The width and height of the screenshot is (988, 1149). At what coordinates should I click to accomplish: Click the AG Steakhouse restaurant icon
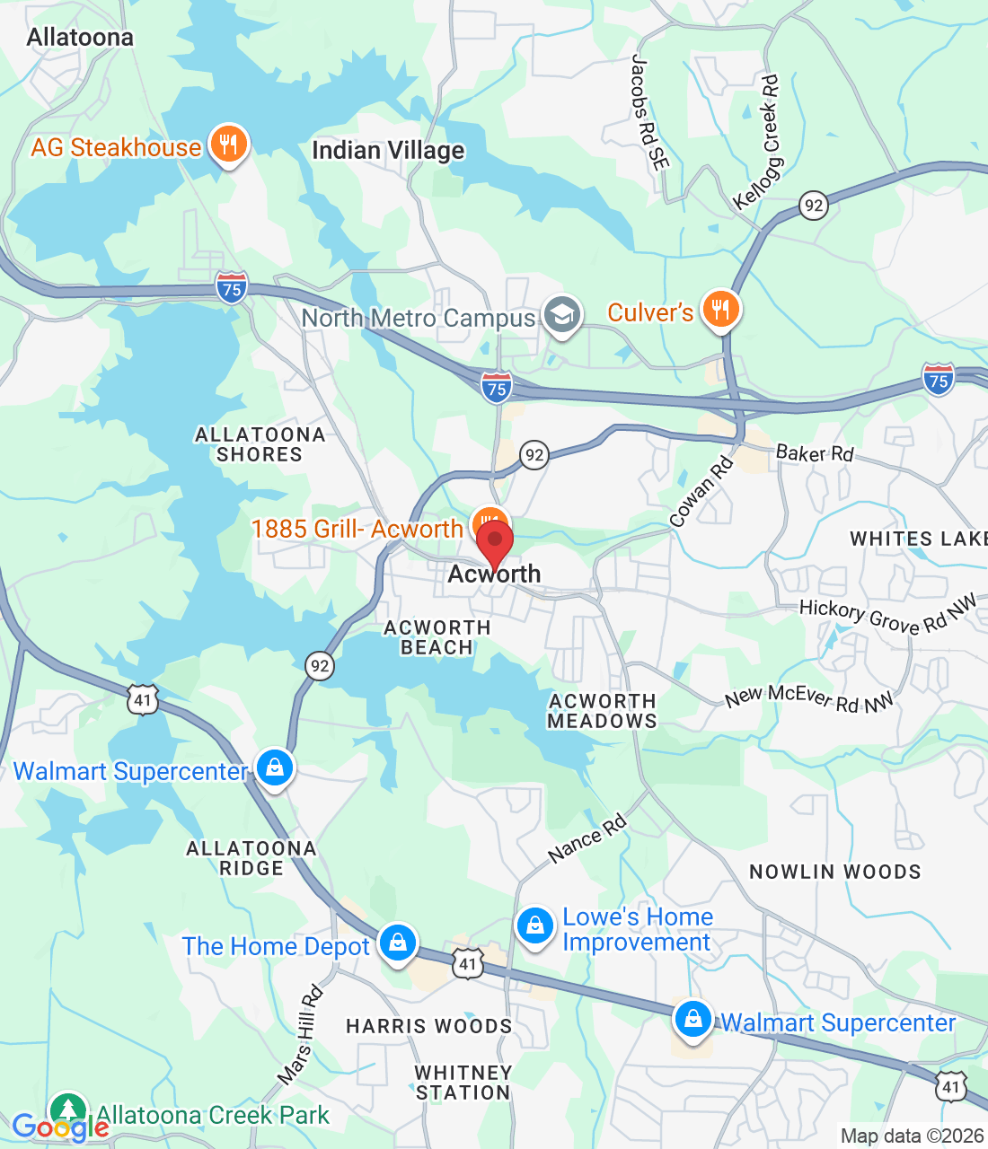(228, 144)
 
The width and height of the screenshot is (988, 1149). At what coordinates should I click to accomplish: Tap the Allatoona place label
(80, 38)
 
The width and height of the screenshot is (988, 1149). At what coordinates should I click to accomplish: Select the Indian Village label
(388, 151)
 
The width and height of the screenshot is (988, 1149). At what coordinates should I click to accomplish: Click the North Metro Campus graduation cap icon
(563, 315)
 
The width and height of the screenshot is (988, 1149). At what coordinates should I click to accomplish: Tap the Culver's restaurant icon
(720, 309)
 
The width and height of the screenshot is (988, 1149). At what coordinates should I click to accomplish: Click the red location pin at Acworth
(494, 543)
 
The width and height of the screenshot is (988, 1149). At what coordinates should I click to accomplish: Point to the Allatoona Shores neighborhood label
(260, 444)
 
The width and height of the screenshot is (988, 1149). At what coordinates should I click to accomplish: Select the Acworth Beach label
(437, 637)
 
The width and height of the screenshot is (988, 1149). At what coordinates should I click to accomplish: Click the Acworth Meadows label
(602, 711)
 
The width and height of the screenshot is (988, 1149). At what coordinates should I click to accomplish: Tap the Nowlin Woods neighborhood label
(834, 872)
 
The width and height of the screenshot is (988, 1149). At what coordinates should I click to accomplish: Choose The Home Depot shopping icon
(396, 943)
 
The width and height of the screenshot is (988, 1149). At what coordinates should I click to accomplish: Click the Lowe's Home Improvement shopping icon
(535, 925)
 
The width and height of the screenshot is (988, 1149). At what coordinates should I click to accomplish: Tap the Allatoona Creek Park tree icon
(68, 1110)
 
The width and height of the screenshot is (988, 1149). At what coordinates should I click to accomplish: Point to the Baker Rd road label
(814, 453)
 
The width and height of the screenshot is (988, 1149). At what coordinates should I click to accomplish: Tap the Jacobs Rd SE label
(649, 112)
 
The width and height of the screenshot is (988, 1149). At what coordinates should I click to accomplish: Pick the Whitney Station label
(463, 1083)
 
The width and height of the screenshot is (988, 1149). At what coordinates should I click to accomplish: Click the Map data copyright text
(912, 1136)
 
